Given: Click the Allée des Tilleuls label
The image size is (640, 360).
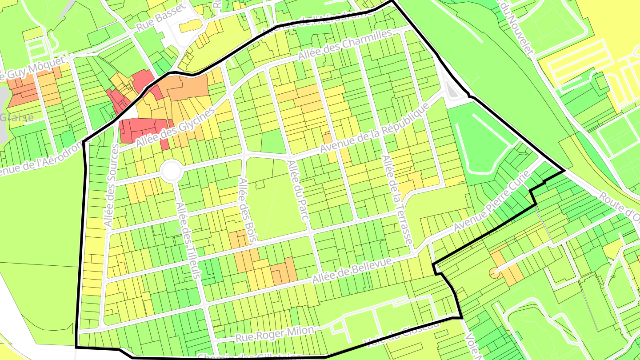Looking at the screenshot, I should tap(187, 241).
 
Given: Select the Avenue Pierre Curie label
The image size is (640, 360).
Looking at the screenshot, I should tap(492, 201).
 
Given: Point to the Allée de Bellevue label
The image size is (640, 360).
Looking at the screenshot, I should tap(352, 271).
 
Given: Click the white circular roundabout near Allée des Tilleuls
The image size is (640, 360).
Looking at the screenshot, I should tap(171, 171).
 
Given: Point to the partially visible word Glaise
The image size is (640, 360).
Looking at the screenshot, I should tap(17, 118).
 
